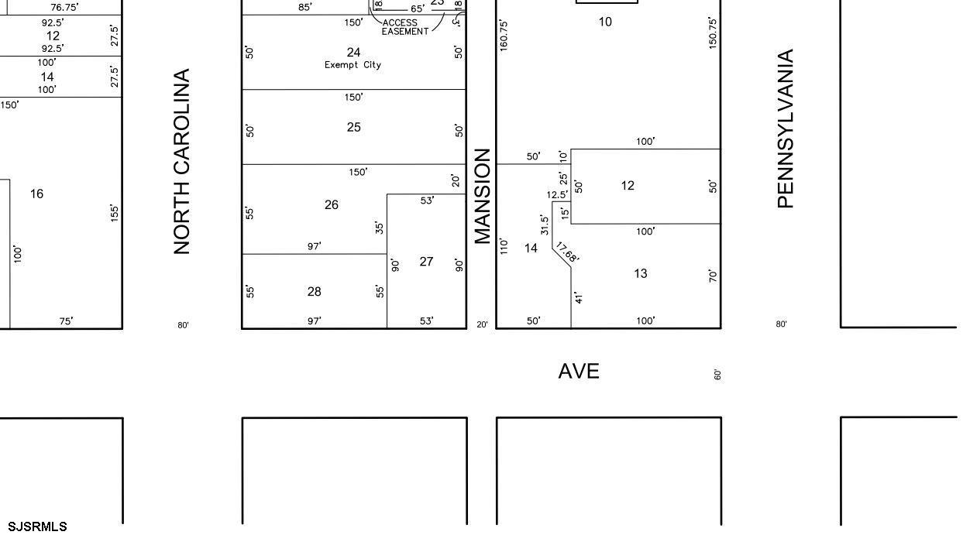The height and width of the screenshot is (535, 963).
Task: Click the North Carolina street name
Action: (182, 162)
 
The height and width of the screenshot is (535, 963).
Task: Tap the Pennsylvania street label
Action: (786, 129)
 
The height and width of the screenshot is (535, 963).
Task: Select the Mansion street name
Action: (483, 196)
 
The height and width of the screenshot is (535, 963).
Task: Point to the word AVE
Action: (579, 372)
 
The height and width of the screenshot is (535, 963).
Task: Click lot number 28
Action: (314, 291)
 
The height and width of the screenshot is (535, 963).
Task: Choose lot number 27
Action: (426, 262)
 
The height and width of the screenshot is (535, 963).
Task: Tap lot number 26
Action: (332, 204)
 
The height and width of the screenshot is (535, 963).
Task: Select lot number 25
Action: (353, 127)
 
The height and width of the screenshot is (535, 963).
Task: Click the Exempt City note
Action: (353, 65)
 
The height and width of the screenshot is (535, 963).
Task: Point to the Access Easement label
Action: (404, 27)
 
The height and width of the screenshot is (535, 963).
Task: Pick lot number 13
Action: (640, 273)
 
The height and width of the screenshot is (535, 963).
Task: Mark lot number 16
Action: (36, 194)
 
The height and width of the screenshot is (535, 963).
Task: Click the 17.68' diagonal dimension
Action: (567, 253)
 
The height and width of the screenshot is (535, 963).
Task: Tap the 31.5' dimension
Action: (545, 225)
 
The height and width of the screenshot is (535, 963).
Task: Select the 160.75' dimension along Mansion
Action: (504, 36)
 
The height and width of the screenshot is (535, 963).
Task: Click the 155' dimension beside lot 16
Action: (115, 213)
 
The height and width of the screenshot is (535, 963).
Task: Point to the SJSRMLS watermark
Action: (37, 527)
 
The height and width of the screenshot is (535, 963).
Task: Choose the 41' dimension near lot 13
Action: (579, 297)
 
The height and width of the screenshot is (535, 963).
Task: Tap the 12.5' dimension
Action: (557, 195)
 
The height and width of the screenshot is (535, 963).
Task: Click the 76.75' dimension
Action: (64, 7)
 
